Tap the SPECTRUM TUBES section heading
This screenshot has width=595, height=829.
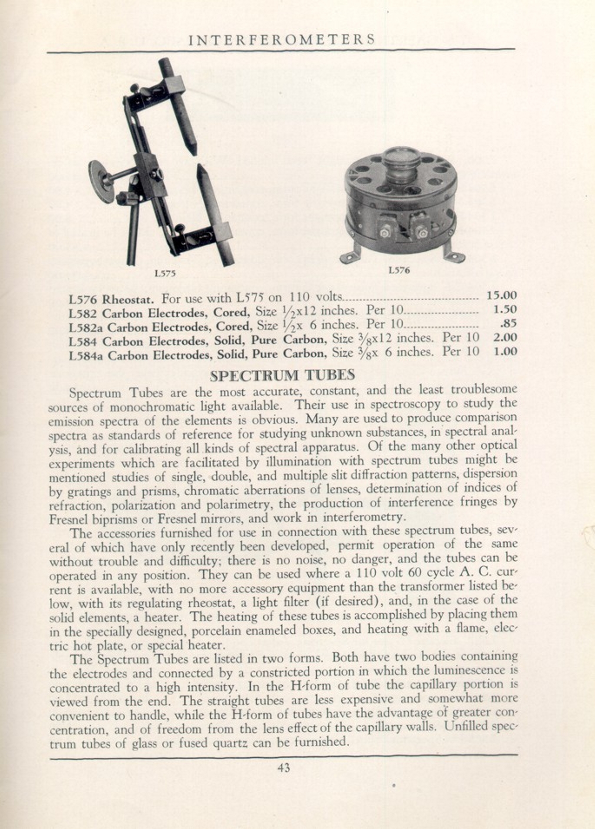click(x=282, y=375)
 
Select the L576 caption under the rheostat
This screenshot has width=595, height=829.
click(x=399, y=270)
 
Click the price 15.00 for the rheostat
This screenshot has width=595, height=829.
click(x=502, y=296)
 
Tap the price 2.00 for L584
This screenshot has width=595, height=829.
click(x=505, y=337)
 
